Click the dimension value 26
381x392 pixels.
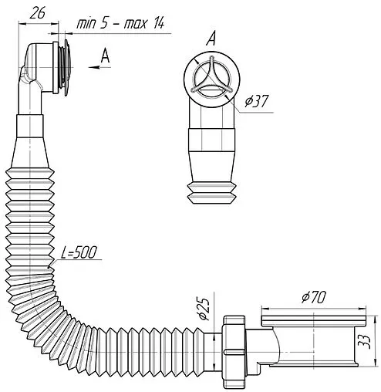(38, 13)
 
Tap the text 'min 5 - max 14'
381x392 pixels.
(120, 23)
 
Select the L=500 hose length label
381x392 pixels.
(79, 252)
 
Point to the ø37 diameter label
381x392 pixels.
(257, 101)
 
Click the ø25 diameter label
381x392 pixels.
(204, 309)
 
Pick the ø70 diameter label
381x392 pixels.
(314, 297)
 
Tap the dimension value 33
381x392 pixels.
(366, 342)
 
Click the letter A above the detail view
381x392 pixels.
(211, 39)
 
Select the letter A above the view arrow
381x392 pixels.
(105, 56)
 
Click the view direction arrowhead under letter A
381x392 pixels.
(94, 67)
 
